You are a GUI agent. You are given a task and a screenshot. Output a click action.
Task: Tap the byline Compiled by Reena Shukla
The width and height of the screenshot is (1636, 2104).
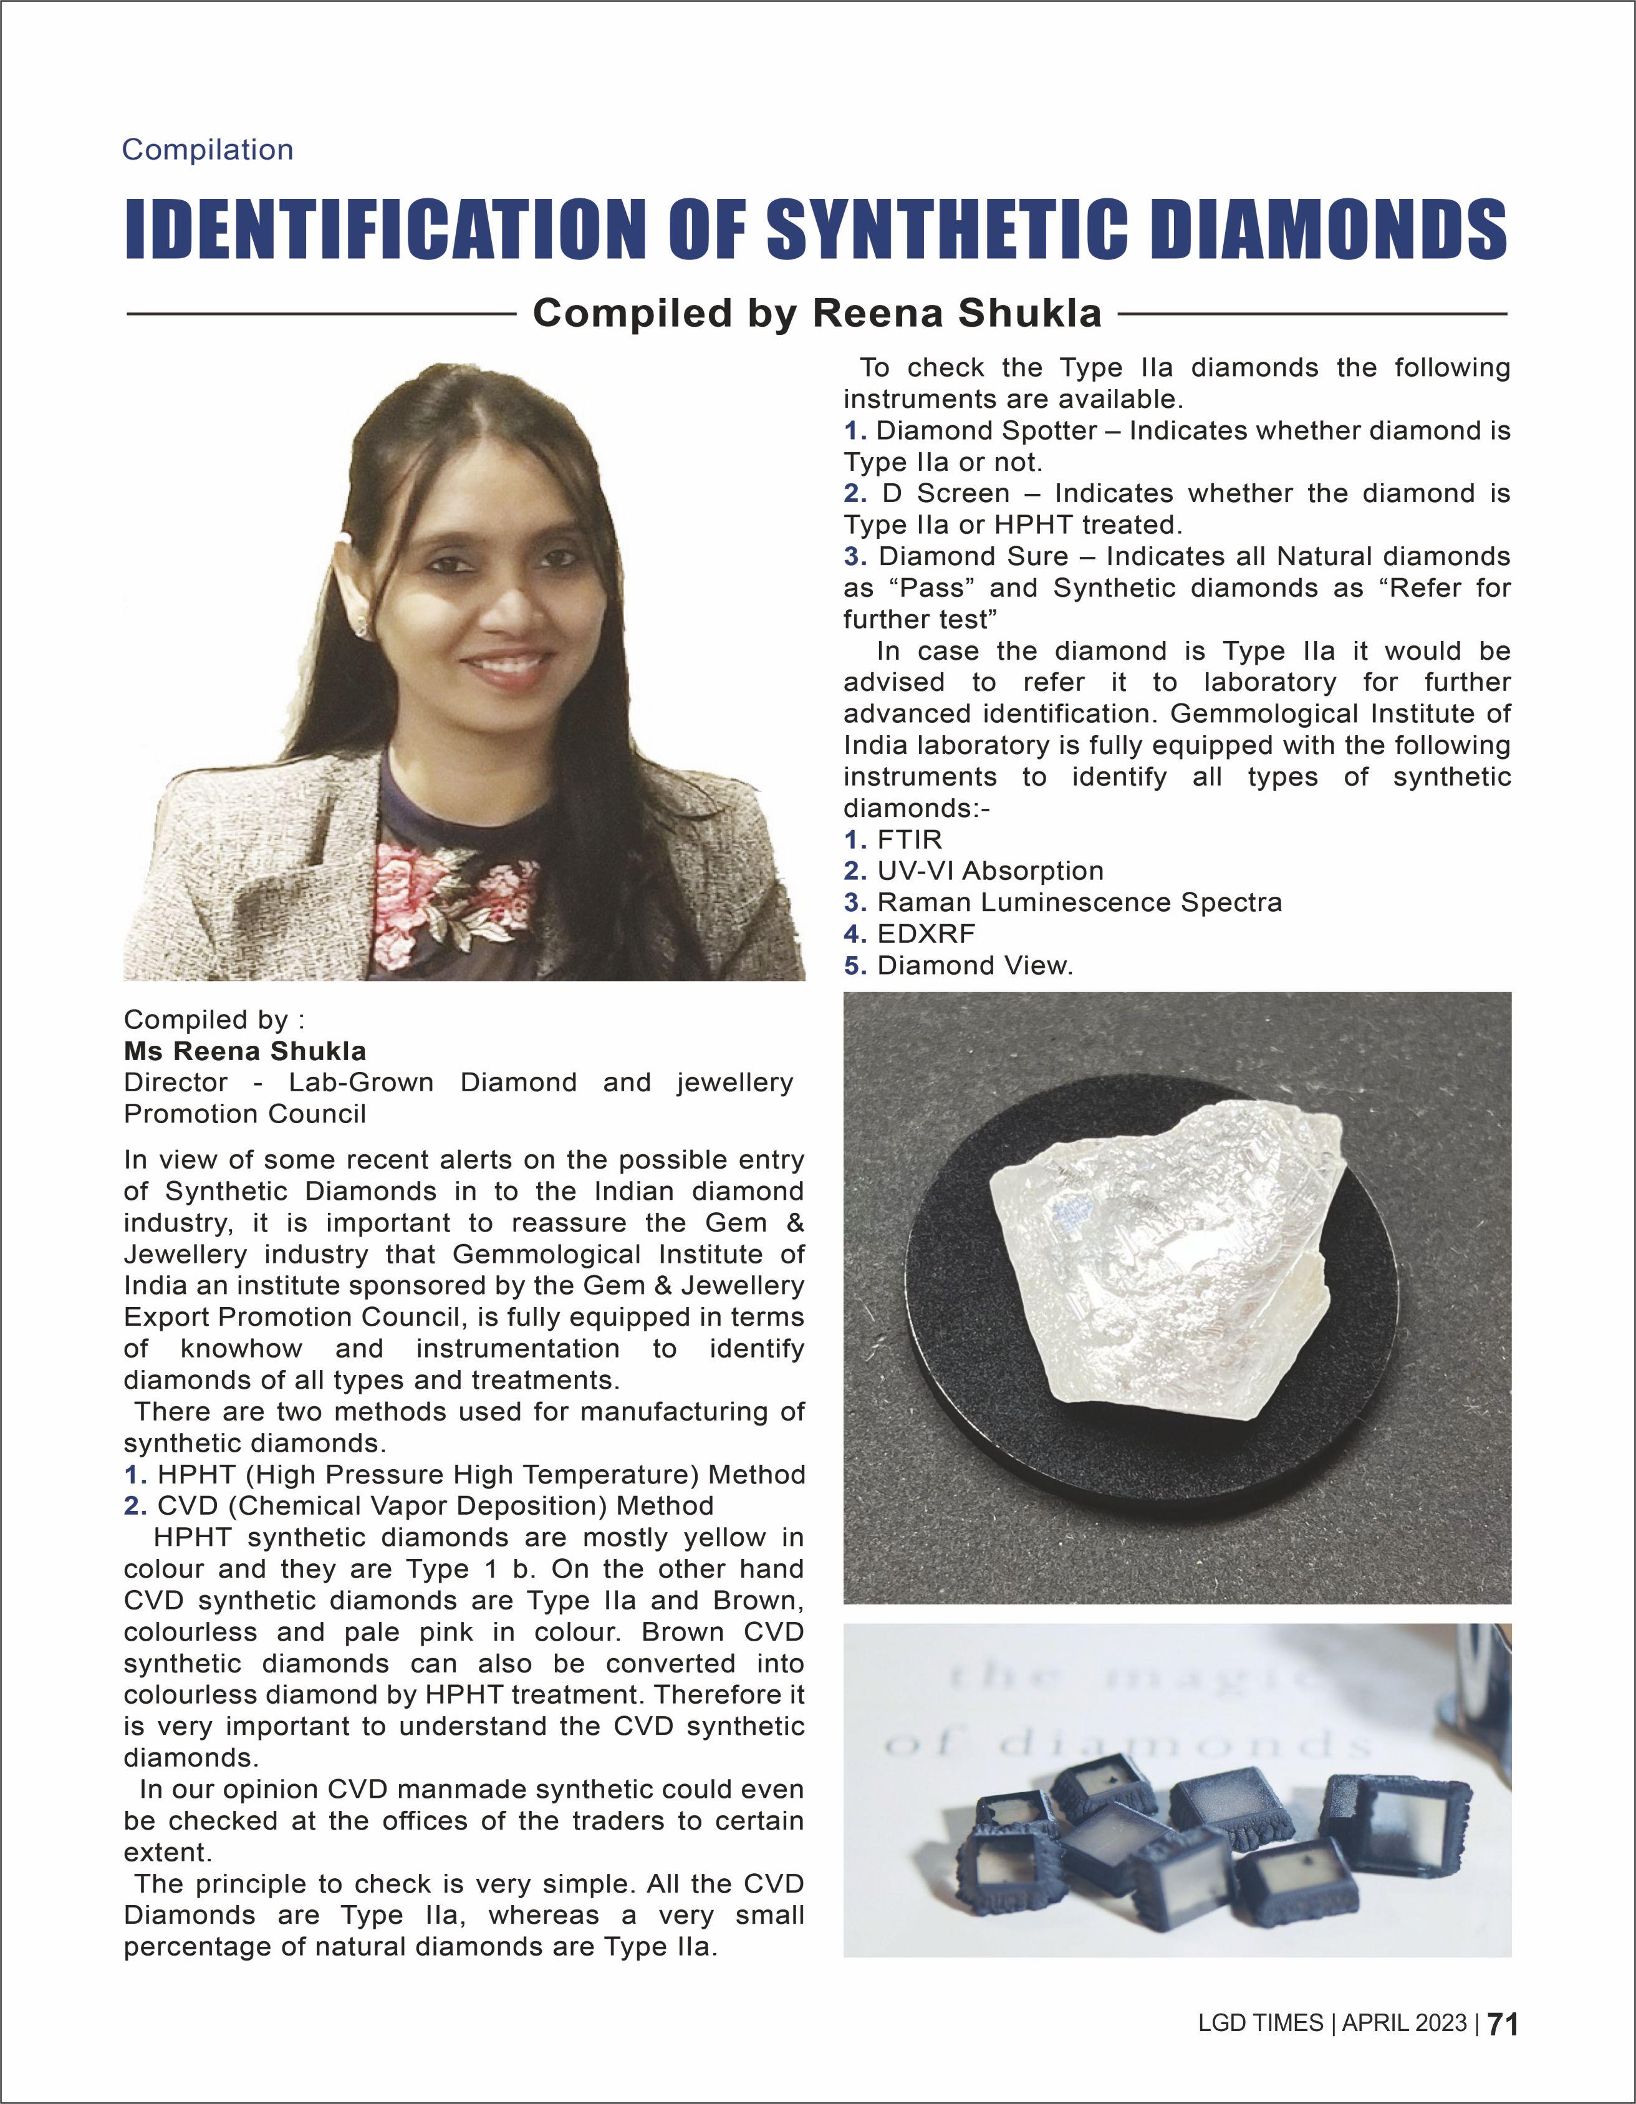817,313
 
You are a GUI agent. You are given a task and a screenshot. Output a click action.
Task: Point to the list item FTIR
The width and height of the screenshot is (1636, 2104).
909,839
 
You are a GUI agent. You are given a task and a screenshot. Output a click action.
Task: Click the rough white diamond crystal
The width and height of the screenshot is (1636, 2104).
1165,1262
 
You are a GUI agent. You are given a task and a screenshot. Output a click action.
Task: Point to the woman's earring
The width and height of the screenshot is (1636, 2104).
363,627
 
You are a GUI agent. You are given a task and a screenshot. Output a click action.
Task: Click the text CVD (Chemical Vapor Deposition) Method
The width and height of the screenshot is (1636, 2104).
435,1506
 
